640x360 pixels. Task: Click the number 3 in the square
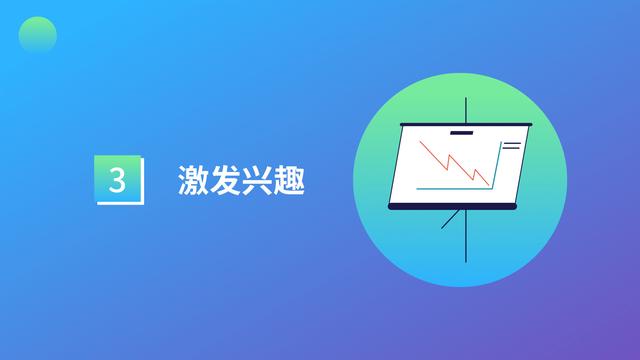117,180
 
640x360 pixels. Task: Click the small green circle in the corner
37,37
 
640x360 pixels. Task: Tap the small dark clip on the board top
461,132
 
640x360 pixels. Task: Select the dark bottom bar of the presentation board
456,206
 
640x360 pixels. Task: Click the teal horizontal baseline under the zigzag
450,187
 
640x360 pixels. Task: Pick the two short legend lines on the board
511,147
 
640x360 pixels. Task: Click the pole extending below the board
466,240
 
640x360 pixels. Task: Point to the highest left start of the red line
421,142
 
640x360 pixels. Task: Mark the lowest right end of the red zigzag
487,184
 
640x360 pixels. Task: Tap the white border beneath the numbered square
118,202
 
